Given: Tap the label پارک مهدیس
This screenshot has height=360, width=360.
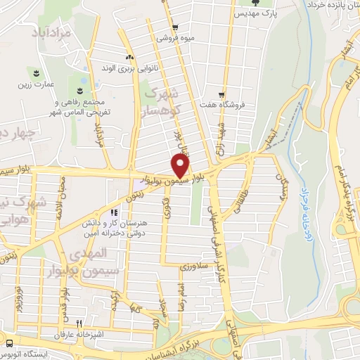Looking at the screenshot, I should point(250,14).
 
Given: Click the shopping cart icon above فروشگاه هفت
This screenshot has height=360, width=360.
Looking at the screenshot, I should point(221,95).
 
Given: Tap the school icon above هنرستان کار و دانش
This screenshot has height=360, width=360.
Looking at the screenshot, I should point(113,212).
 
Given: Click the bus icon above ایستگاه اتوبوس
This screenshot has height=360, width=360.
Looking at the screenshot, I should point(9,343).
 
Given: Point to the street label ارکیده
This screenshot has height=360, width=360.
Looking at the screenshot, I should point(113,303).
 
